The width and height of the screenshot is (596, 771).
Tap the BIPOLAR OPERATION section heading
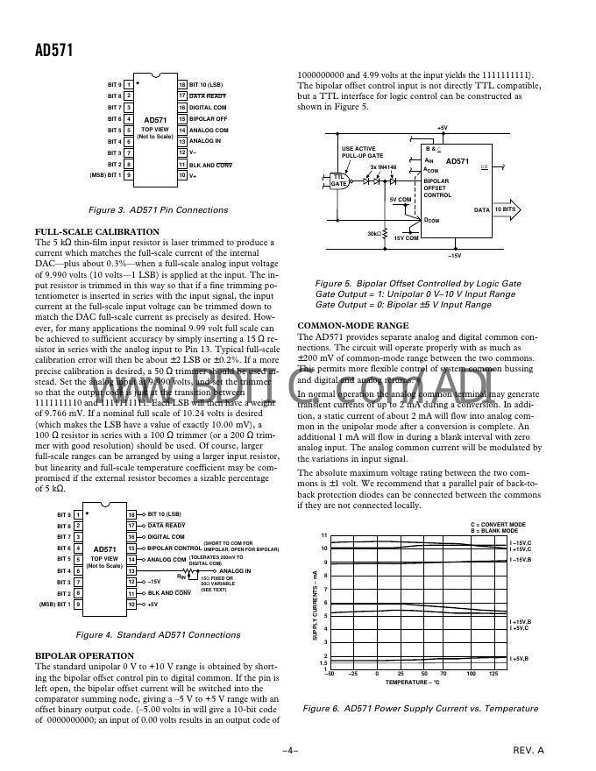[83, 654]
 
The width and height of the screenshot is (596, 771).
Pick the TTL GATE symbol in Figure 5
[338, 180]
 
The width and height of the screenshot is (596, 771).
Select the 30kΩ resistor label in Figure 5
[374, 234]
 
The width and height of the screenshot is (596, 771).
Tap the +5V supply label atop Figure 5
[443, 128]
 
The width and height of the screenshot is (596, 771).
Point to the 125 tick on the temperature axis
[493, 673]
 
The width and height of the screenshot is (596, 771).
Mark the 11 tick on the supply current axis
[323, 535]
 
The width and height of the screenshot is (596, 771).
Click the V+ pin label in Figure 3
[194, 175]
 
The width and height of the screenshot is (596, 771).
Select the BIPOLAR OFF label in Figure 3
[208, 118]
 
